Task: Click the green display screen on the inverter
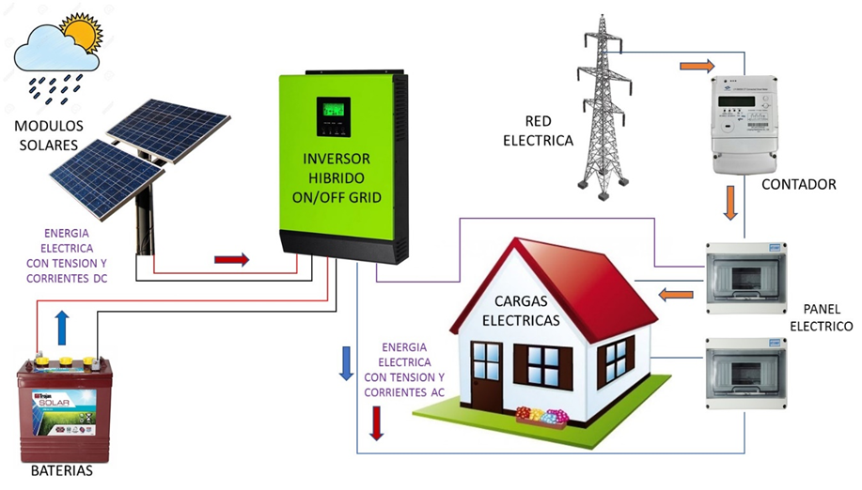coord(333,115)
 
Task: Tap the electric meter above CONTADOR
coord(746,123)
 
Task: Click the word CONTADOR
coord(800,184)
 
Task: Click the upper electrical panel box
coord(746,278)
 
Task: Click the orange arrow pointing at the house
coord(675,296)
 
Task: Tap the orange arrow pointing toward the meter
coord(697,66)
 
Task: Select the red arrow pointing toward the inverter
coord(231,260)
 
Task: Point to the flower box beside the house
coord(543,417)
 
